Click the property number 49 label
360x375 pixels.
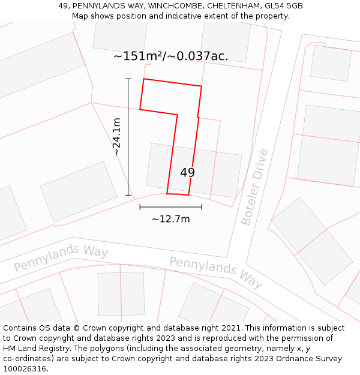187,173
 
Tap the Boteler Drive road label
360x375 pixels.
254,187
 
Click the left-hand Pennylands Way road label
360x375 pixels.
61,257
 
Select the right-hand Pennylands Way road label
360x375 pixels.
216,272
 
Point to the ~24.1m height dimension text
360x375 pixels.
117,137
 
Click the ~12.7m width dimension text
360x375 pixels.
170,219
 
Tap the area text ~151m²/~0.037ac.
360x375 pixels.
171,56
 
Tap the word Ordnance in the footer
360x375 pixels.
304,358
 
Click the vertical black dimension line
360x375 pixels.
128,137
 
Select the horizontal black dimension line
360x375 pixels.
170,207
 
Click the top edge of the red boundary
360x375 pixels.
172,83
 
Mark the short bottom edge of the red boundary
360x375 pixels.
178,194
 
